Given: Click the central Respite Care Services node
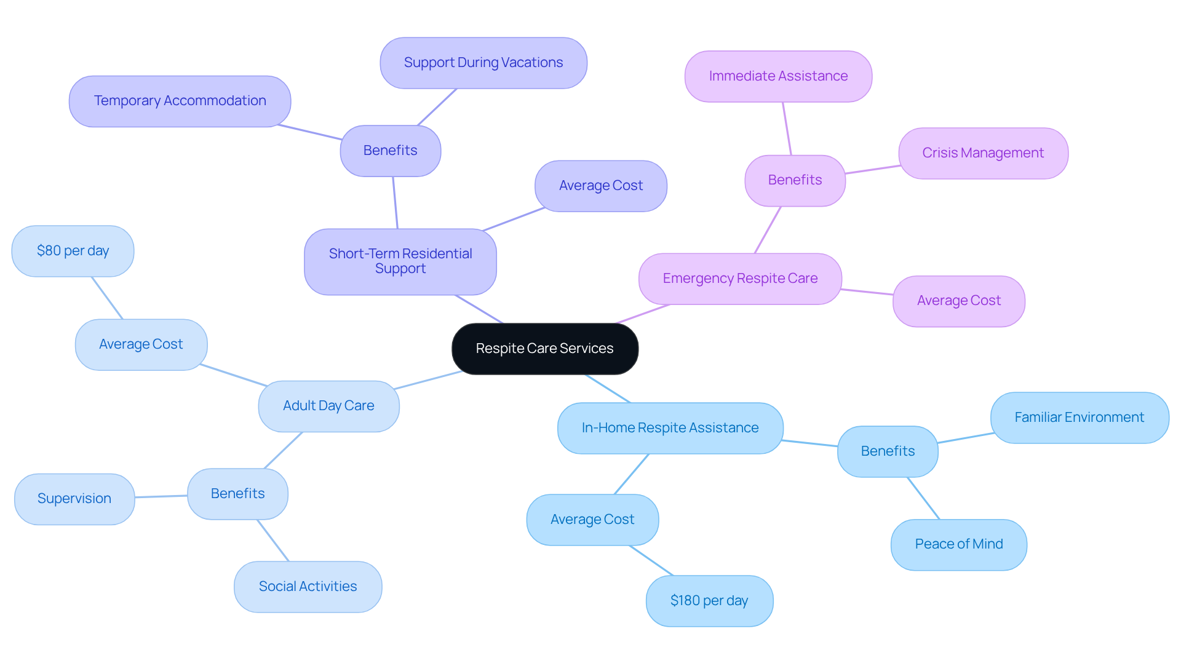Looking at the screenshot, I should pos(545,349).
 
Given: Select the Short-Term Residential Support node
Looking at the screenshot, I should pos(400,261).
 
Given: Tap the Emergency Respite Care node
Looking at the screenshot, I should pos(740,279).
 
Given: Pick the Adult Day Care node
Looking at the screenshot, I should pos(328,406).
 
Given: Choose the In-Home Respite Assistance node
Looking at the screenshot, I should pos(670,428).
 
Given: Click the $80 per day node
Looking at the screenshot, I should pos(73,251).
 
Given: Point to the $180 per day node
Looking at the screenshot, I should pos(709,601).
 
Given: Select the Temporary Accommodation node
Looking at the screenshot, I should pos(180,101).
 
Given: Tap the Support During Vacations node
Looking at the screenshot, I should pos(483,63).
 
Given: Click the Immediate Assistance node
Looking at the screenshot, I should pos(778,76).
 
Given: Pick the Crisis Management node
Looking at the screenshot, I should pos(983,153).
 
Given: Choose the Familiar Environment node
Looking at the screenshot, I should pos(1080,418).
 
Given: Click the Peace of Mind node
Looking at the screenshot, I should pos(959,544).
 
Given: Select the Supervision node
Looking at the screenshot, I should pos(74,499).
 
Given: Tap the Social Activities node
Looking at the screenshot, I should pos(308,587).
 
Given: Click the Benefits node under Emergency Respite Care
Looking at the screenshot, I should pos(795,180).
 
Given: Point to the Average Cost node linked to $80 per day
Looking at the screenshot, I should pos(141,344).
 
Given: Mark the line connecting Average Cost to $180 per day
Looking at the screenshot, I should pos(651,560).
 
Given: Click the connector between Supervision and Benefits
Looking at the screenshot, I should pos(161,496).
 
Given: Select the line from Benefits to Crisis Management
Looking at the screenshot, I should pos(872,170).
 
